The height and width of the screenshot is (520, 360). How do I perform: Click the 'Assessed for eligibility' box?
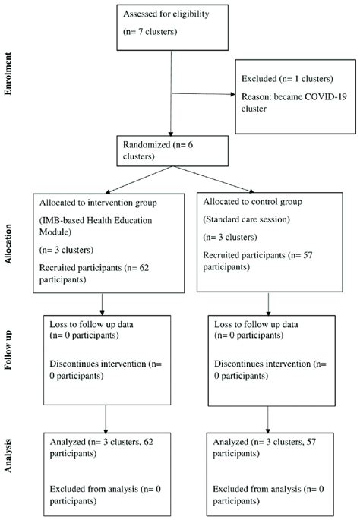[x=172, y=23]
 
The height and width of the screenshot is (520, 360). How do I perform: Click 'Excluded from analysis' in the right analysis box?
[x=260, y=482]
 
